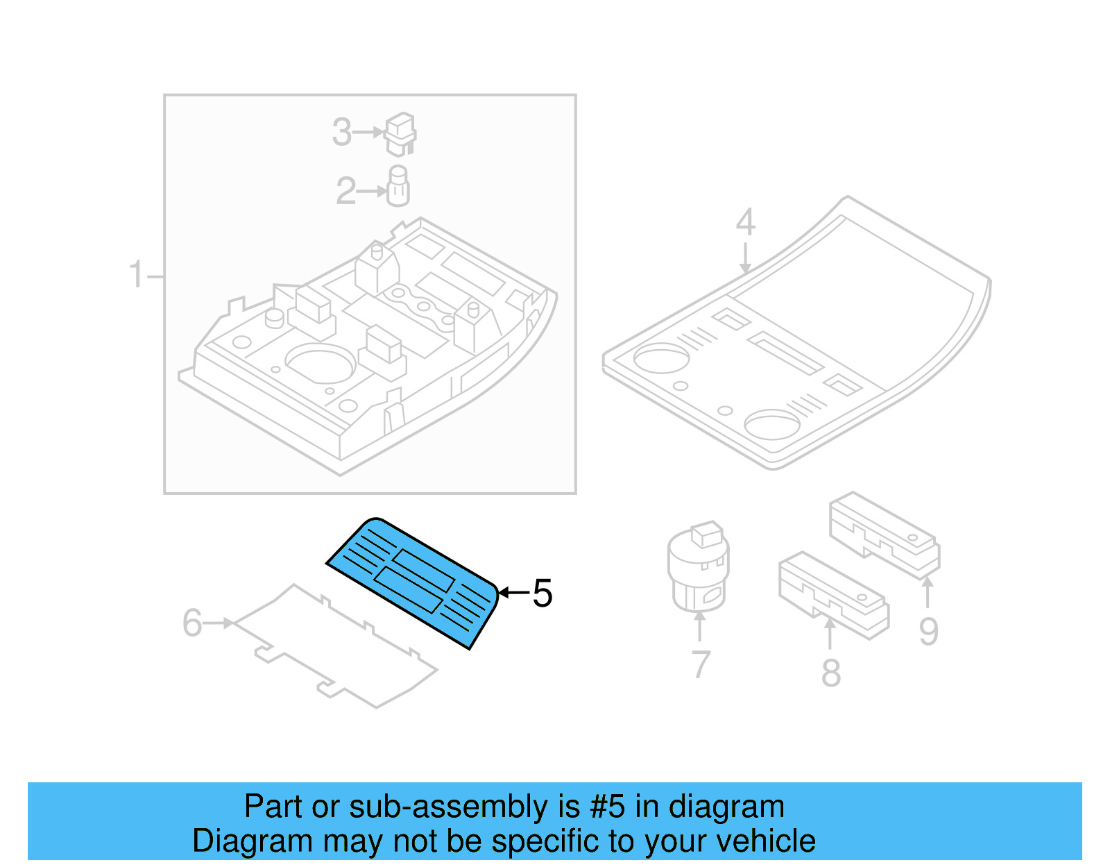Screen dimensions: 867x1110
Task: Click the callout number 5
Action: click(x=543, y=594)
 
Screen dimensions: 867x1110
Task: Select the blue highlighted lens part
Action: click(x=413, y=582)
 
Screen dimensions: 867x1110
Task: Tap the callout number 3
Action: click(x=342, y=132)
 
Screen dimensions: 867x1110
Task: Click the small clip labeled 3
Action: click(x=400, y=134)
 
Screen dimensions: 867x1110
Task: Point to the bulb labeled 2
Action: click(x=398, y=187)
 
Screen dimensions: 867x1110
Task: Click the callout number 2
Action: click(x=345, y=191)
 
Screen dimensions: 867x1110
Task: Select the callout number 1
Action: click(x=136, y=275)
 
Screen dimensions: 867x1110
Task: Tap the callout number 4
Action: click(x=745, y=222)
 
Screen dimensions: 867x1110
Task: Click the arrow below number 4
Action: click(x=745, y=258)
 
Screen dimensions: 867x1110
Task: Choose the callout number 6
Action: click(x=192, y=623)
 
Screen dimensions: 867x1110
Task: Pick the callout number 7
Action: click(x=701, y=664)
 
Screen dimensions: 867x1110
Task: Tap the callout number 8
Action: click(x=830, y=673)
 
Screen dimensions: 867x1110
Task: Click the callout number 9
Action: click(x=928, y=631)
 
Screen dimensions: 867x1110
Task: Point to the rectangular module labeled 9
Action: click(x=885, y=535)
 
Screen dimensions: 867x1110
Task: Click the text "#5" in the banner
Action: click(x=607, y=807)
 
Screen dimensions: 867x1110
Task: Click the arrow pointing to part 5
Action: click(x=513, y=592)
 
